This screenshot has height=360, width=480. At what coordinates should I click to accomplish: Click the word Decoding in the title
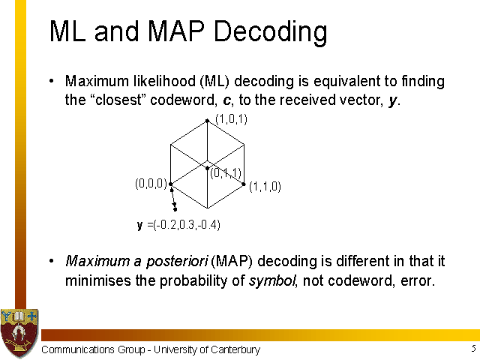coord(270,31)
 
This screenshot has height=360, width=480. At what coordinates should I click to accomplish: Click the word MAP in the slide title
coord(175,31)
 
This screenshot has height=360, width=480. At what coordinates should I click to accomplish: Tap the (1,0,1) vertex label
coord(232,119)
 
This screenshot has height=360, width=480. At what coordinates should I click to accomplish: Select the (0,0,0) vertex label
coord(151,183)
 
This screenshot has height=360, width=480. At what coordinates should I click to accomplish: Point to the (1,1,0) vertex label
coord(265,187)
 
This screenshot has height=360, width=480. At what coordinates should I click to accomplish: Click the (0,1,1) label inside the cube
coord(226,173)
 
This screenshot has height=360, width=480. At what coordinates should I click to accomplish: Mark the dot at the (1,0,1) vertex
coord(207,121)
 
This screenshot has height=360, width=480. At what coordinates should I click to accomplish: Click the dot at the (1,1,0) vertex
coord(244,184)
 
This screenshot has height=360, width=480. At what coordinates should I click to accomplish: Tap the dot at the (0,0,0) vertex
coord(171,184)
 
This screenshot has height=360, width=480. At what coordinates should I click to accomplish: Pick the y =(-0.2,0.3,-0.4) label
coord(178,225)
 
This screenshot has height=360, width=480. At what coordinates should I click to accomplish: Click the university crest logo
coord(19,333)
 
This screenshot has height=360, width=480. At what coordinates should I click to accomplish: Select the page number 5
coord(473,348)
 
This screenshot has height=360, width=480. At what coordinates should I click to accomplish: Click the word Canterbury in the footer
coord(235,349)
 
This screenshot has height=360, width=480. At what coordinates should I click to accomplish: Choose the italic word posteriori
coord(177,262)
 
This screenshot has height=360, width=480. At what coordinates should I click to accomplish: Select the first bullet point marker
coord(52,81)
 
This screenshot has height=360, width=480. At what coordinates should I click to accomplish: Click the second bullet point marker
coord(52,261)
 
